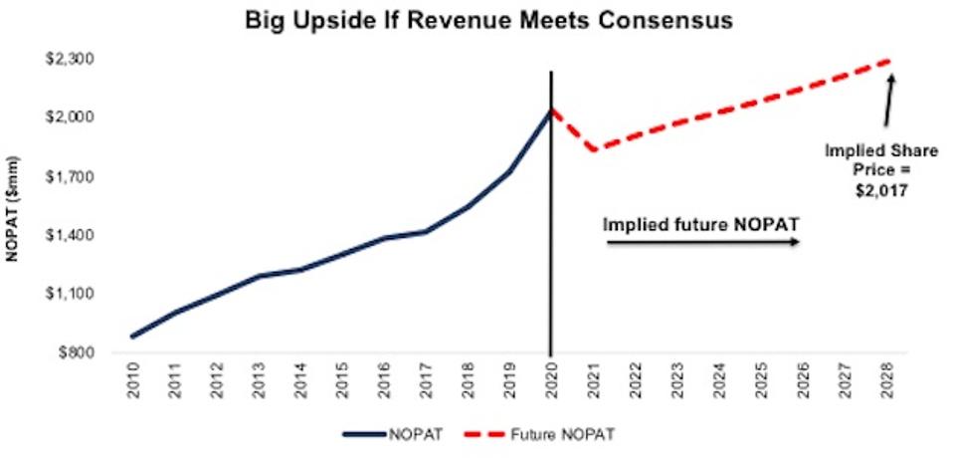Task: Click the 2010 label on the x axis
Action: click(x=132, y=379)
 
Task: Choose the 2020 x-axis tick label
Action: click(x=551, y=379)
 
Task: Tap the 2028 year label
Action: click(x=886, y=379)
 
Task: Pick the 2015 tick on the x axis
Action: click(x=342, y=379)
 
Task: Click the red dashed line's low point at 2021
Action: click(x=593, y=150)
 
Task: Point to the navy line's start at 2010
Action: click(x=132, y=337)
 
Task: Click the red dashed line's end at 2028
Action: click(x=886, y=62)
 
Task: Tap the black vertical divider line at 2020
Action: click(x=551, y=249)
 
